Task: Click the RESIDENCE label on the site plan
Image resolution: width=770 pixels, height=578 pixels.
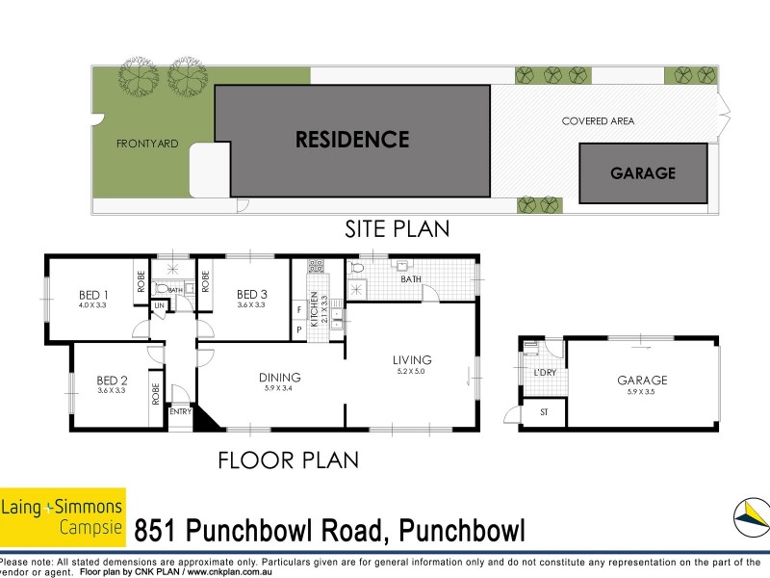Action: pyautogui.click(x=352, y=140)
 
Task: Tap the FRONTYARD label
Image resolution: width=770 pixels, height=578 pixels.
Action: pyautogui.click(x=147, y=144)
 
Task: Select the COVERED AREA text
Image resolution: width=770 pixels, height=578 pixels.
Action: pyautogui.click(x=598, y=121)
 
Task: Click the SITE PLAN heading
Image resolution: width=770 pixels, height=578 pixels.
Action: pyautogui.click(x=398, y=229)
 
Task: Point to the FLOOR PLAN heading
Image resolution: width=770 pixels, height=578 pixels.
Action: pyautogui.click(x=288, y=460)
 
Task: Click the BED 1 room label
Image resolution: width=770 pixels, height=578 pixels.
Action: pyautogui.click(x=93, y=295)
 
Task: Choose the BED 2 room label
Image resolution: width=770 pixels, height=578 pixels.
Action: pyautogui.click(x=113, y=380)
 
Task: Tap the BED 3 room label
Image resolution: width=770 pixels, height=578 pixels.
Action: pyautogui.click(x=251, y=295)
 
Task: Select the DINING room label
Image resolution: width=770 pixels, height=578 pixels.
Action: pyautogui.click(x=280, y=378)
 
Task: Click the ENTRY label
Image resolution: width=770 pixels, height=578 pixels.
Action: pyautogui.click(x=180, y=411)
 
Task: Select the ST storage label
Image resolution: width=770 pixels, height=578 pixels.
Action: pyautogui.click(x=542, y=413)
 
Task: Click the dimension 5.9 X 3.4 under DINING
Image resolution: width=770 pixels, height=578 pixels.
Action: pyautogui.click(x=280, y=388)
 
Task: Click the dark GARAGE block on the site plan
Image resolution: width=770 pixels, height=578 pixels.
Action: pyautogui.click(x=642, y=173)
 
